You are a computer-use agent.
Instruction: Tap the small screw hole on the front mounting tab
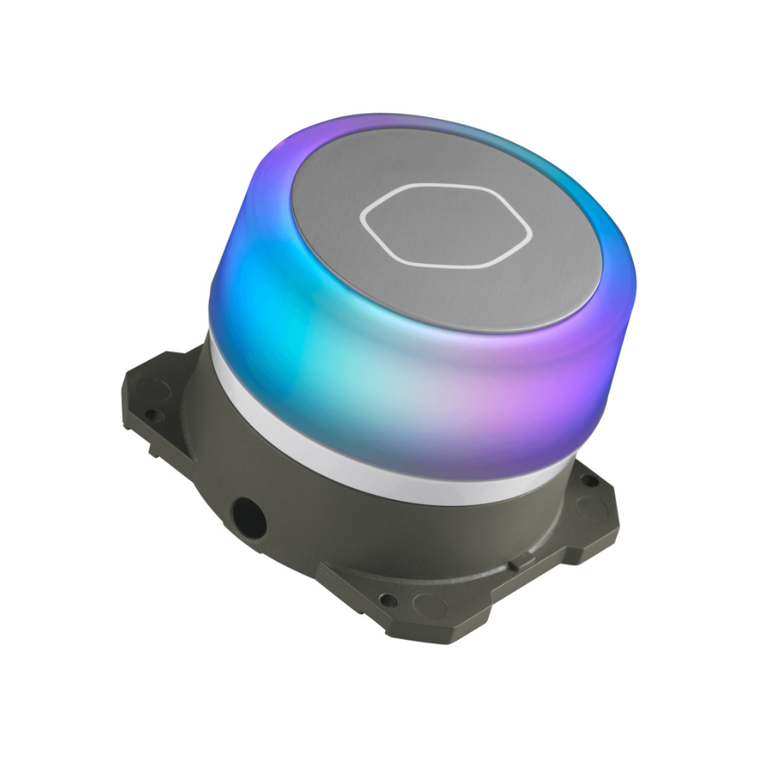[388, 600]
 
